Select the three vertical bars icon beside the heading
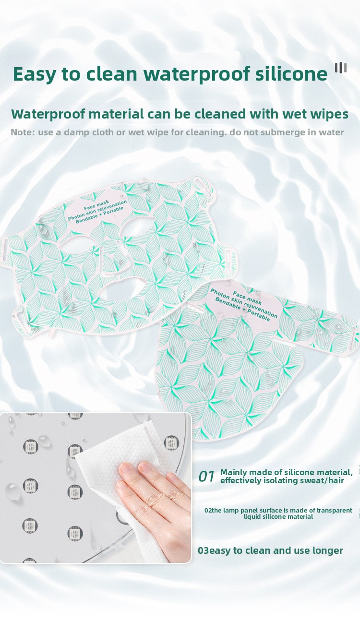coord(341,68)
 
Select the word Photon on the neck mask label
coord(220,294)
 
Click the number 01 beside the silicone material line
coord(206,476)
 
